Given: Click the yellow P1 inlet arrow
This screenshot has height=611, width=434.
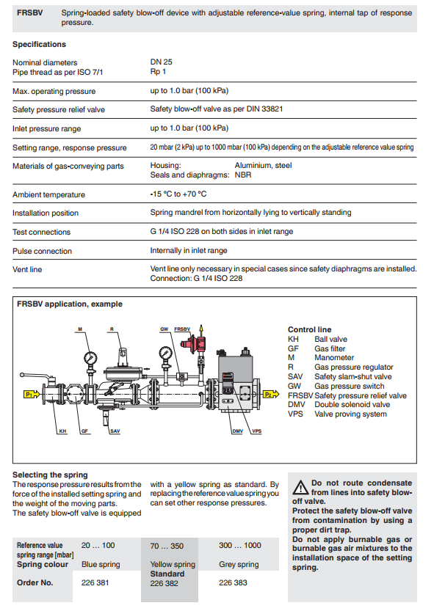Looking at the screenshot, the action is (32, 395).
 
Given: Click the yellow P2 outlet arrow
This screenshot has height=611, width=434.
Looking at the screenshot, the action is (271, 395).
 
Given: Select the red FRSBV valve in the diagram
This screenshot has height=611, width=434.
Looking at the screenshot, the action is (193, 344).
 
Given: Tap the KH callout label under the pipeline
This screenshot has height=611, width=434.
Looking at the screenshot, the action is (62, 431).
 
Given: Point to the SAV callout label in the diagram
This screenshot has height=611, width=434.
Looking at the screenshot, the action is (115, 431).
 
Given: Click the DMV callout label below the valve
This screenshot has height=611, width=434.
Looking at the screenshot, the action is (238, 431).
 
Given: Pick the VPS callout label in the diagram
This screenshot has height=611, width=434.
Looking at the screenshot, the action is (257, 431).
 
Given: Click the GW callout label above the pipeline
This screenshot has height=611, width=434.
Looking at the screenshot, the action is (164, 329).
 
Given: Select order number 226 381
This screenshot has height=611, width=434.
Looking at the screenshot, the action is (95, 582).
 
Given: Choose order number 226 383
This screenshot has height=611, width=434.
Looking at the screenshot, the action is (233, 582).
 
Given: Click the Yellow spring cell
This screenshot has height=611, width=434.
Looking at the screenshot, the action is (173, 564).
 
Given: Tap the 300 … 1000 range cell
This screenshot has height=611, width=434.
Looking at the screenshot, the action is (240, 545).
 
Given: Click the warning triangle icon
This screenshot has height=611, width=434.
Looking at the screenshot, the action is (300, 488).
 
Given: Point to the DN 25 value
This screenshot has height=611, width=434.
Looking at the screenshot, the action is (161, 62).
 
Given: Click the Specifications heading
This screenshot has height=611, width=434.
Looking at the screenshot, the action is (39, 45).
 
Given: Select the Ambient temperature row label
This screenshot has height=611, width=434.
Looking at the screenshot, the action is (48, 194).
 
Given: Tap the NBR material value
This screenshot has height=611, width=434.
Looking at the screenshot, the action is (243, 175).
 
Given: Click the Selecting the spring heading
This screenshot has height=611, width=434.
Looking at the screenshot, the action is (50, 475).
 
